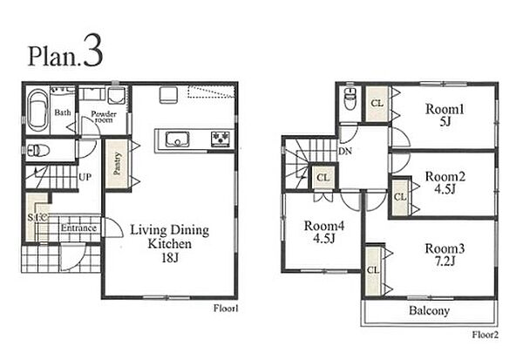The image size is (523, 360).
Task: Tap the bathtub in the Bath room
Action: click(x=37, y=110)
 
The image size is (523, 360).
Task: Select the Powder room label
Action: click(x=104, y=117)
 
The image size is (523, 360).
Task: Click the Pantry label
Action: click(x=117, y=164)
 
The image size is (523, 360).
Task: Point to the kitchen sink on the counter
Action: click(x=178, y=139)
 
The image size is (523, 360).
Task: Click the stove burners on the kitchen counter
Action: click(x=221, y=139)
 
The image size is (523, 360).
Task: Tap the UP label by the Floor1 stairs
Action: click(x=85, y=177)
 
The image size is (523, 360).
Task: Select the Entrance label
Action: click(x=78, y=228)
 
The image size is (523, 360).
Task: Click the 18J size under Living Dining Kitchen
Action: click(x=170, y=257)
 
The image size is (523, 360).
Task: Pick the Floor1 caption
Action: click(x=226, y=309)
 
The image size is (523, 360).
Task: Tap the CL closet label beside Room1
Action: click(x=377, y=104)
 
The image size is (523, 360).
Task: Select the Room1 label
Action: click(x=445, y=109)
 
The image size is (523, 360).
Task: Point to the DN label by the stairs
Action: click(x=345, y=151)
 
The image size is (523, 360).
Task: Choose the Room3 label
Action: click(x=445, y=248)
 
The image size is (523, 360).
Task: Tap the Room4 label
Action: click(x=324, y=226)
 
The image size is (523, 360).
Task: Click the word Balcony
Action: click(x=429, y=310)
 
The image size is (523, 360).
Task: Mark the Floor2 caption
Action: click(x=486, y=335)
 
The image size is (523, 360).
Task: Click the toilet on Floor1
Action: click(x=38, y=150)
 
